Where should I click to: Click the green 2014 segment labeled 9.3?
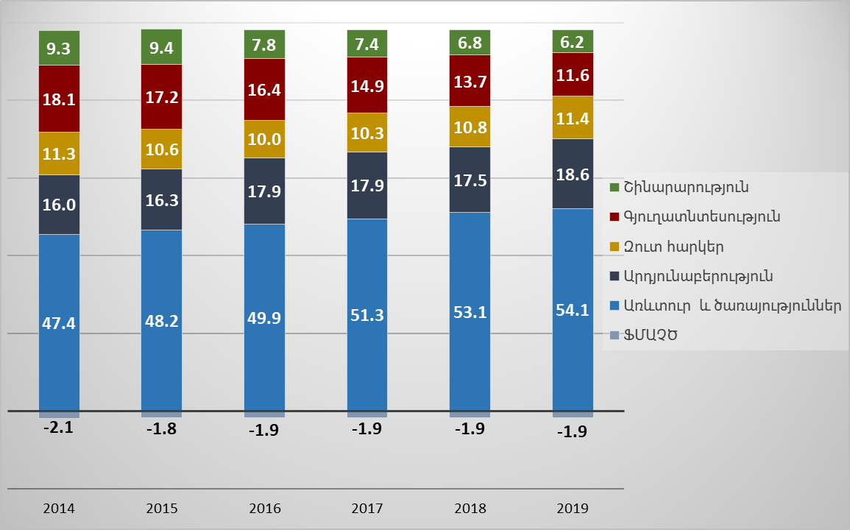(59, 49)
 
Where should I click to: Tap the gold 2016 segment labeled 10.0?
(264, 139)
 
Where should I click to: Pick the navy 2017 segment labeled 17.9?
(367, 185)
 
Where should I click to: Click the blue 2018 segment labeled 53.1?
(470, 311)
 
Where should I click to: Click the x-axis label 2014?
(59, 508)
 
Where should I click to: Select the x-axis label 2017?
(367, 508)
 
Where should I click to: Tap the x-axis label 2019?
(573, 508)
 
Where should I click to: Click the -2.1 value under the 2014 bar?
(59, 428)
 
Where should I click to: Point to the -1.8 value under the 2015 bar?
(161, 429)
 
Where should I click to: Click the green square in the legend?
(615, 187)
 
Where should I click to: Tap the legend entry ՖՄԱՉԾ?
(651, 336)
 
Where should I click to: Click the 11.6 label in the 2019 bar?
(573, 75)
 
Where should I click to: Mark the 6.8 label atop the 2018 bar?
(470, 43)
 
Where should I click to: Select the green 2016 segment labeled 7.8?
(264, 45)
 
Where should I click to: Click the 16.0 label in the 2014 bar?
(59, 205)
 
